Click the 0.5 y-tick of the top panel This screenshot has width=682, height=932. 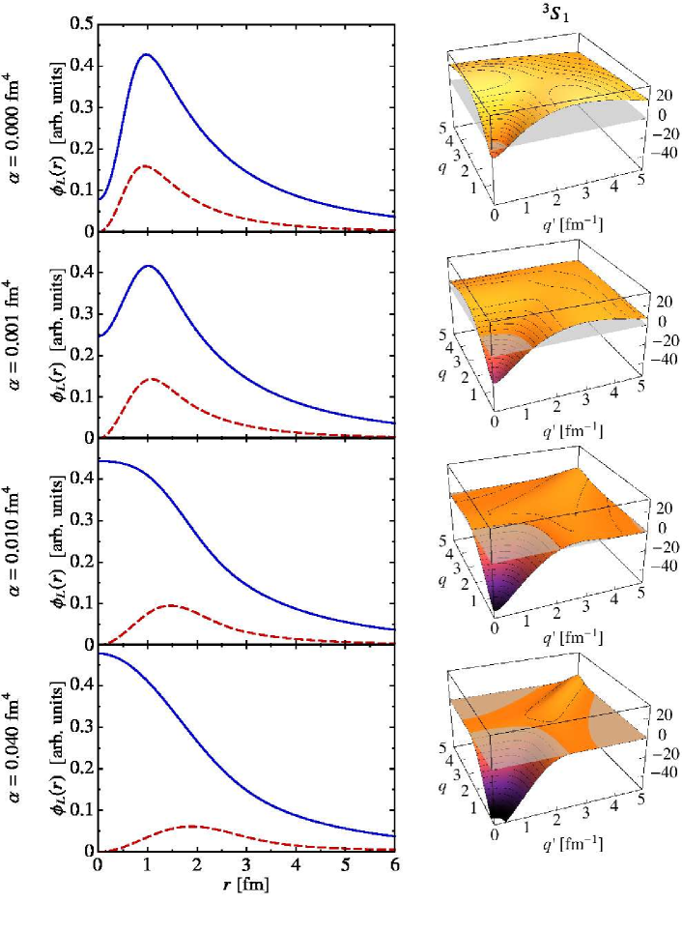(x=82, y=22)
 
